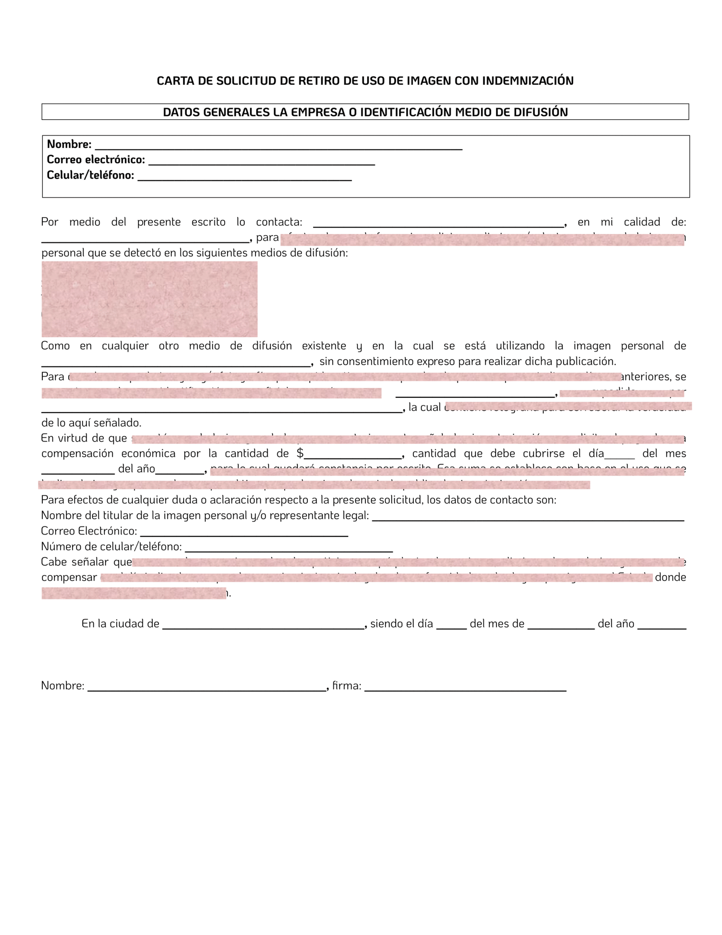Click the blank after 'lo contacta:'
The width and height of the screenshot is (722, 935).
click(x=438, y=223)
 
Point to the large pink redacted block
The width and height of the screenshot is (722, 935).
click(x=149, y=299)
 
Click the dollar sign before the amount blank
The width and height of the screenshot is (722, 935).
click(x=300, y=453)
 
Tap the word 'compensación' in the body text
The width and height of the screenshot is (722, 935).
click(x=77, y=453)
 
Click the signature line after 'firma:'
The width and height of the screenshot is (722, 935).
click(x=465, y=688)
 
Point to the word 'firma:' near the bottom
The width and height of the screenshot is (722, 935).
click(x=347, y=686)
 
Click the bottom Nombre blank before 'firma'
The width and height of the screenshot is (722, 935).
click(x=207, y=688)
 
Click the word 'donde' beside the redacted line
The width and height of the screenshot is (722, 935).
click(x=670, y=577)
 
